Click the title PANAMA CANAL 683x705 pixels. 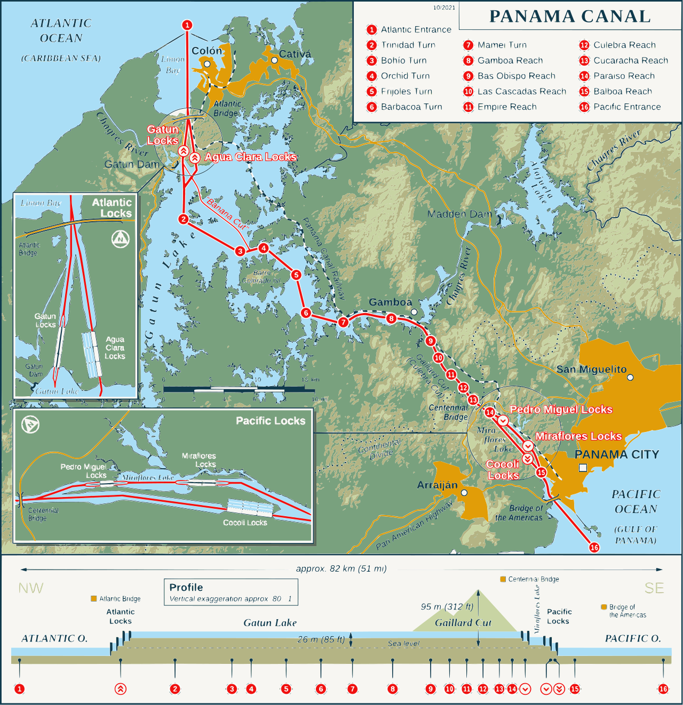tap(569, 16)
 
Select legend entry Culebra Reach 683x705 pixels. tap(624, 45)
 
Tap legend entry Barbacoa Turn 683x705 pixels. tap(411, 107)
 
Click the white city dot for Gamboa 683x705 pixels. tap(414, 312)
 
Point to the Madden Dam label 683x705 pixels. tap(459, 214)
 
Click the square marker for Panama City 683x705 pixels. tap(583, 468)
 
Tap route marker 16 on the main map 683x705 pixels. tap(594, 547)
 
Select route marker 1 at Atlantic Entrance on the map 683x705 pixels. tap(187, 25)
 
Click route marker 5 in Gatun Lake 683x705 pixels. tap(296, 275)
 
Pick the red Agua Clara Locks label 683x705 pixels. tap(250, 157)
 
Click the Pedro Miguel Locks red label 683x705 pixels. tap(561, 409)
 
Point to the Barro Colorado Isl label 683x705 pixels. tap(261, 277)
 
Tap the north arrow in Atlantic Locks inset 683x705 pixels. tap(121, 239)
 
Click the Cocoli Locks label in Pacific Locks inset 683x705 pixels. tap(245, 523)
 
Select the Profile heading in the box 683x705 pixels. tap(186, 587)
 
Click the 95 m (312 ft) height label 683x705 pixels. tap(447, 606)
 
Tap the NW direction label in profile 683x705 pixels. tap(30, 588)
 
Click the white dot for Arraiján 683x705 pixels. tap(464, 493)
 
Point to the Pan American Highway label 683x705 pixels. tap(414, 525)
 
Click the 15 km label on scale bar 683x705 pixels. tap(310, 380)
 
